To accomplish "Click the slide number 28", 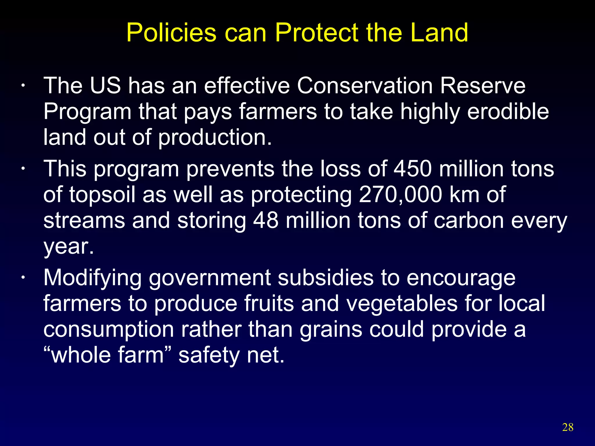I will tap(568, 427).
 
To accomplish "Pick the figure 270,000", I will tap(401, 195).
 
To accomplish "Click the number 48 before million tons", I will tap(266, 220).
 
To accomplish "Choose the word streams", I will tap(84, 220).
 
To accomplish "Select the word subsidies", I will tap(325, 278).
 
